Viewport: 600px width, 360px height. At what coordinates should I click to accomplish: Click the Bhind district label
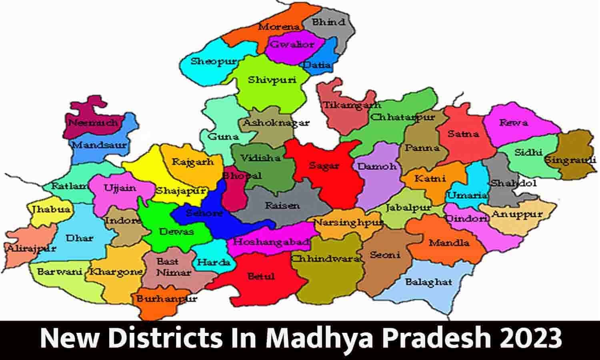tap(328, 22)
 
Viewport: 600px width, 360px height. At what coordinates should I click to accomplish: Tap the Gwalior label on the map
tap(292, 44)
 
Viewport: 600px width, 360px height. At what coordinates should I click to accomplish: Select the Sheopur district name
tap(213, 62)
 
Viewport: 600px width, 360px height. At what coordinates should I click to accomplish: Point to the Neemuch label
tap(93, 122)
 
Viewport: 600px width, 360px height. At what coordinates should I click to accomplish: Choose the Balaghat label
tap(428, 282)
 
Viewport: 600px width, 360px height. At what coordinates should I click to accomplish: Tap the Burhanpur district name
tap(166, 299)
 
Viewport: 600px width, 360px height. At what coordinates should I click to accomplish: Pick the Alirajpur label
tap(32, 249)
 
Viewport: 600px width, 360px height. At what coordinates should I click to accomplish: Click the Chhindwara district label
tap(325, 259)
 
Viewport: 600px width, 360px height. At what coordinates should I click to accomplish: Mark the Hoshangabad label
tap(271, 242)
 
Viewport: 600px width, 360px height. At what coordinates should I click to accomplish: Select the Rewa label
tap(513, 123)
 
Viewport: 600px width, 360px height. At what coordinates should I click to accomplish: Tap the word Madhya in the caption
tap(307, 339)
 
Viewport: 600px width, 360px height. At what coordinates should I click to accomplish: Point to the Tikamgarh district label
tap(352, 106)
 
